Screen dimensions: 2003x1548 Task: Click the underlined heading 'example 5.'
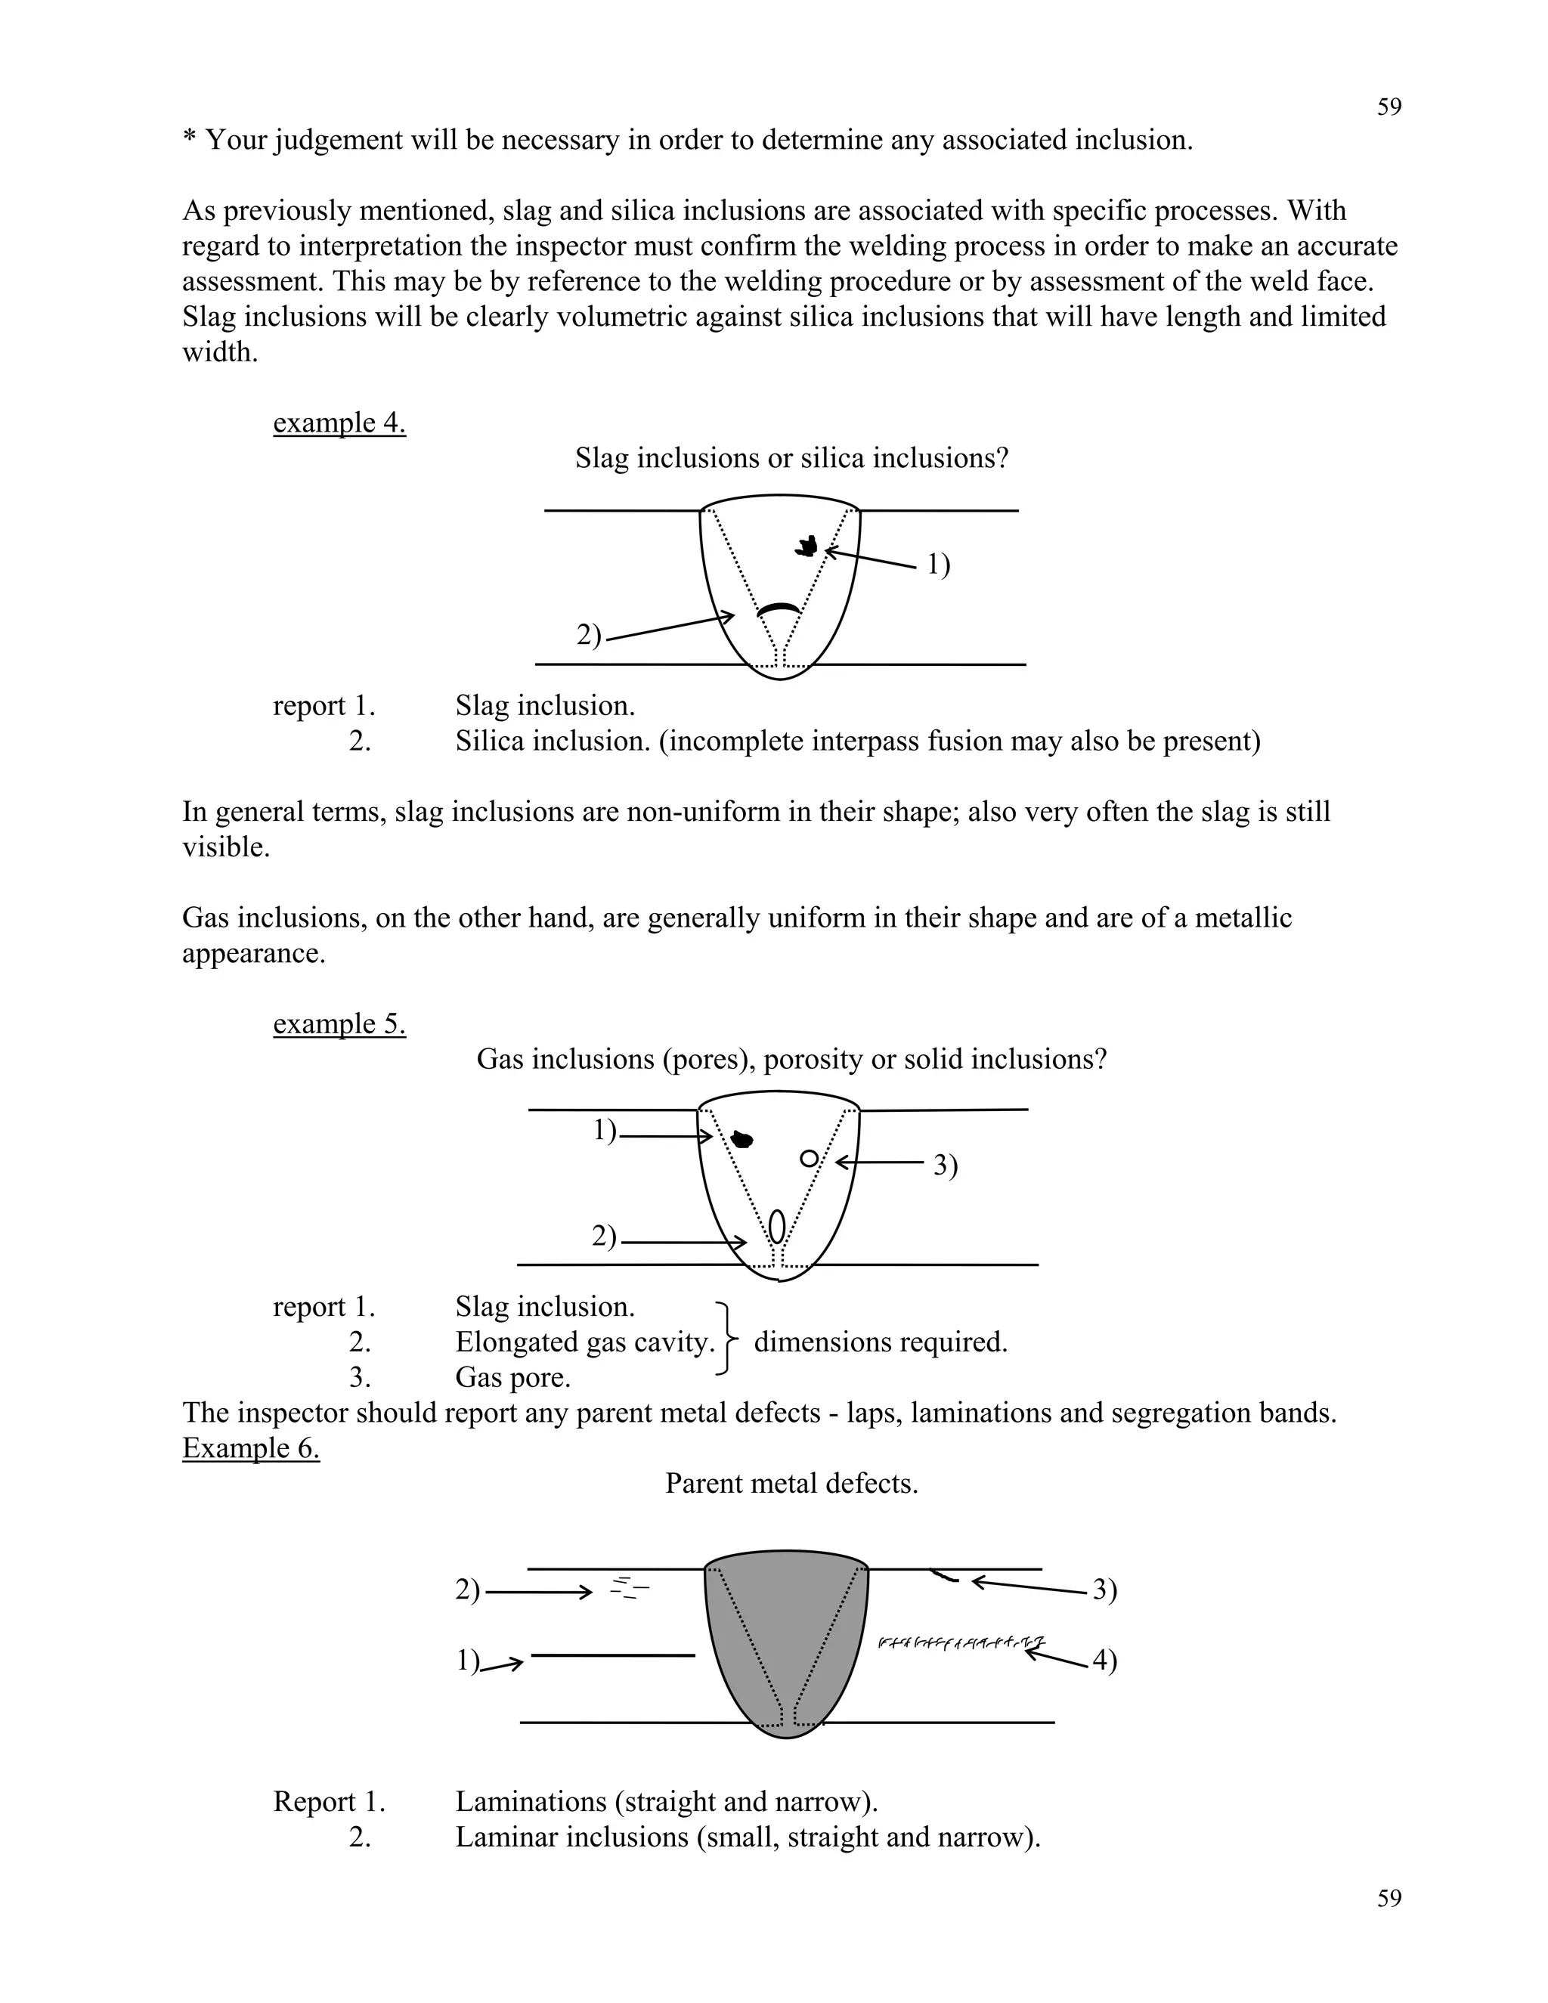[339, 1023]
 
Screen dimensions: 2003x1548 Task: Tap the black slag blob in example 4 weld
[807, 546]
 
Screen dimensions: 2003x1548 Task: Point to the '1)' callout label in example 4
[938, 565]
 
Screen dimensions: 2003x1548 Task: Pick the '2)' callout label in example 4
[589, 635]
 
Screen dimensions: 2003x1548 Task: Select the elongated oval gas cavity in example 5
[778, 1226]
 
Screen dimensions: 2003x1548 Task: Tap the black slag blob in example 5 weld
[743, 1140]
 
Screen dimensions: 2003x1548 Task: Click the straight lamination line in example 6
[612, 1655]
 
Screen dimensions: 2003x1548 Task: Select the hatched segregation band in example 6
[961, 1642]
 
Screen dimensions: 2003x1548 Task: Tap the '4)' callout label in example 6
[1104, 1660]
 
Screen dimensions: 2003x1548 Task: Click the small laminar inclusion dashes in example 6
[629, 1587]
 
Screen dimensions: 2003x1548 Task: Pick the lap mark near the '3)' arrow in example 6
[945, 1577]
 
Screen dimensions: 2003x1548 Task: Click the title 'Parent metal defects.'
[791, 1484]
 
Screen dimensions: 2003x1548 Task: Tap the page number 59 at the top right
[1389, 107]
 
